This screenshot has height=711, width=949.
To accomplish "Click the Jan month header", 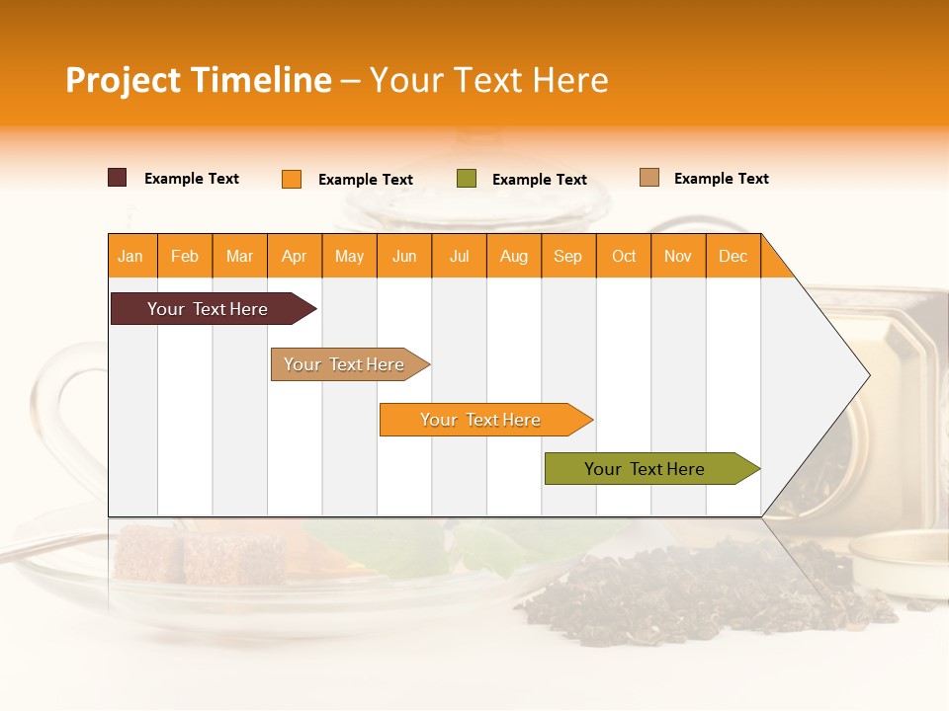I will [x=131, y=256].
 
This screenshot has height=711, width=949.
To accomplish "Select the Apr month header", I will [x=295, y=256].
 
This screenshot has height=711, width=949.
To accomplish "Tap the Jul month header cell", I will [x=459, y=256].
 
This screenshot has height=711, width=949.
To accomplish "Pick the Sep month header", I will [x=568, y=256].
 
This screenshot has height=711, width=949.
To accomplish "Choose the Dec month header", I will [x=733, y=256].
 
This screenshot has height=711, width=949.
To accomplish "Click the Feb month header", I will [x=185, y=256].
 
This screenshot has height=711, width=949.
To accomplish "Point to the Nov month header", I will [x=678, y=256].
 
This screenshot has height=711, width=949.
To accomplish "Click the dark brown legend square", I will [x=118, y=178].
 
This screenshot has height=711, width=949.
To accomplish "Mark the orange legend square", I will [x=292, y=179].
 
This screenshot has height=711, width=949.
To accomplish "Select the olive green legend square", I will [x=467, y=179].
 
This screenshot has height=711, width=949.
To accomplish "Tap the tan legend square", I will [x=649, y=178].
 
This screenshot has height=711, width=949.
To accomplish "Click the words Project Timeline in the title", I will [x=198, y=80].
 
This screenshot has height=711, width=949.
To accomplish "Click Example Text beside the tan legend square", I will [x=721, y=179].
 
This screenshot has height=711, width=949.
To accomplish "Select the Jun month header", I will [x=404, y=256].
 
